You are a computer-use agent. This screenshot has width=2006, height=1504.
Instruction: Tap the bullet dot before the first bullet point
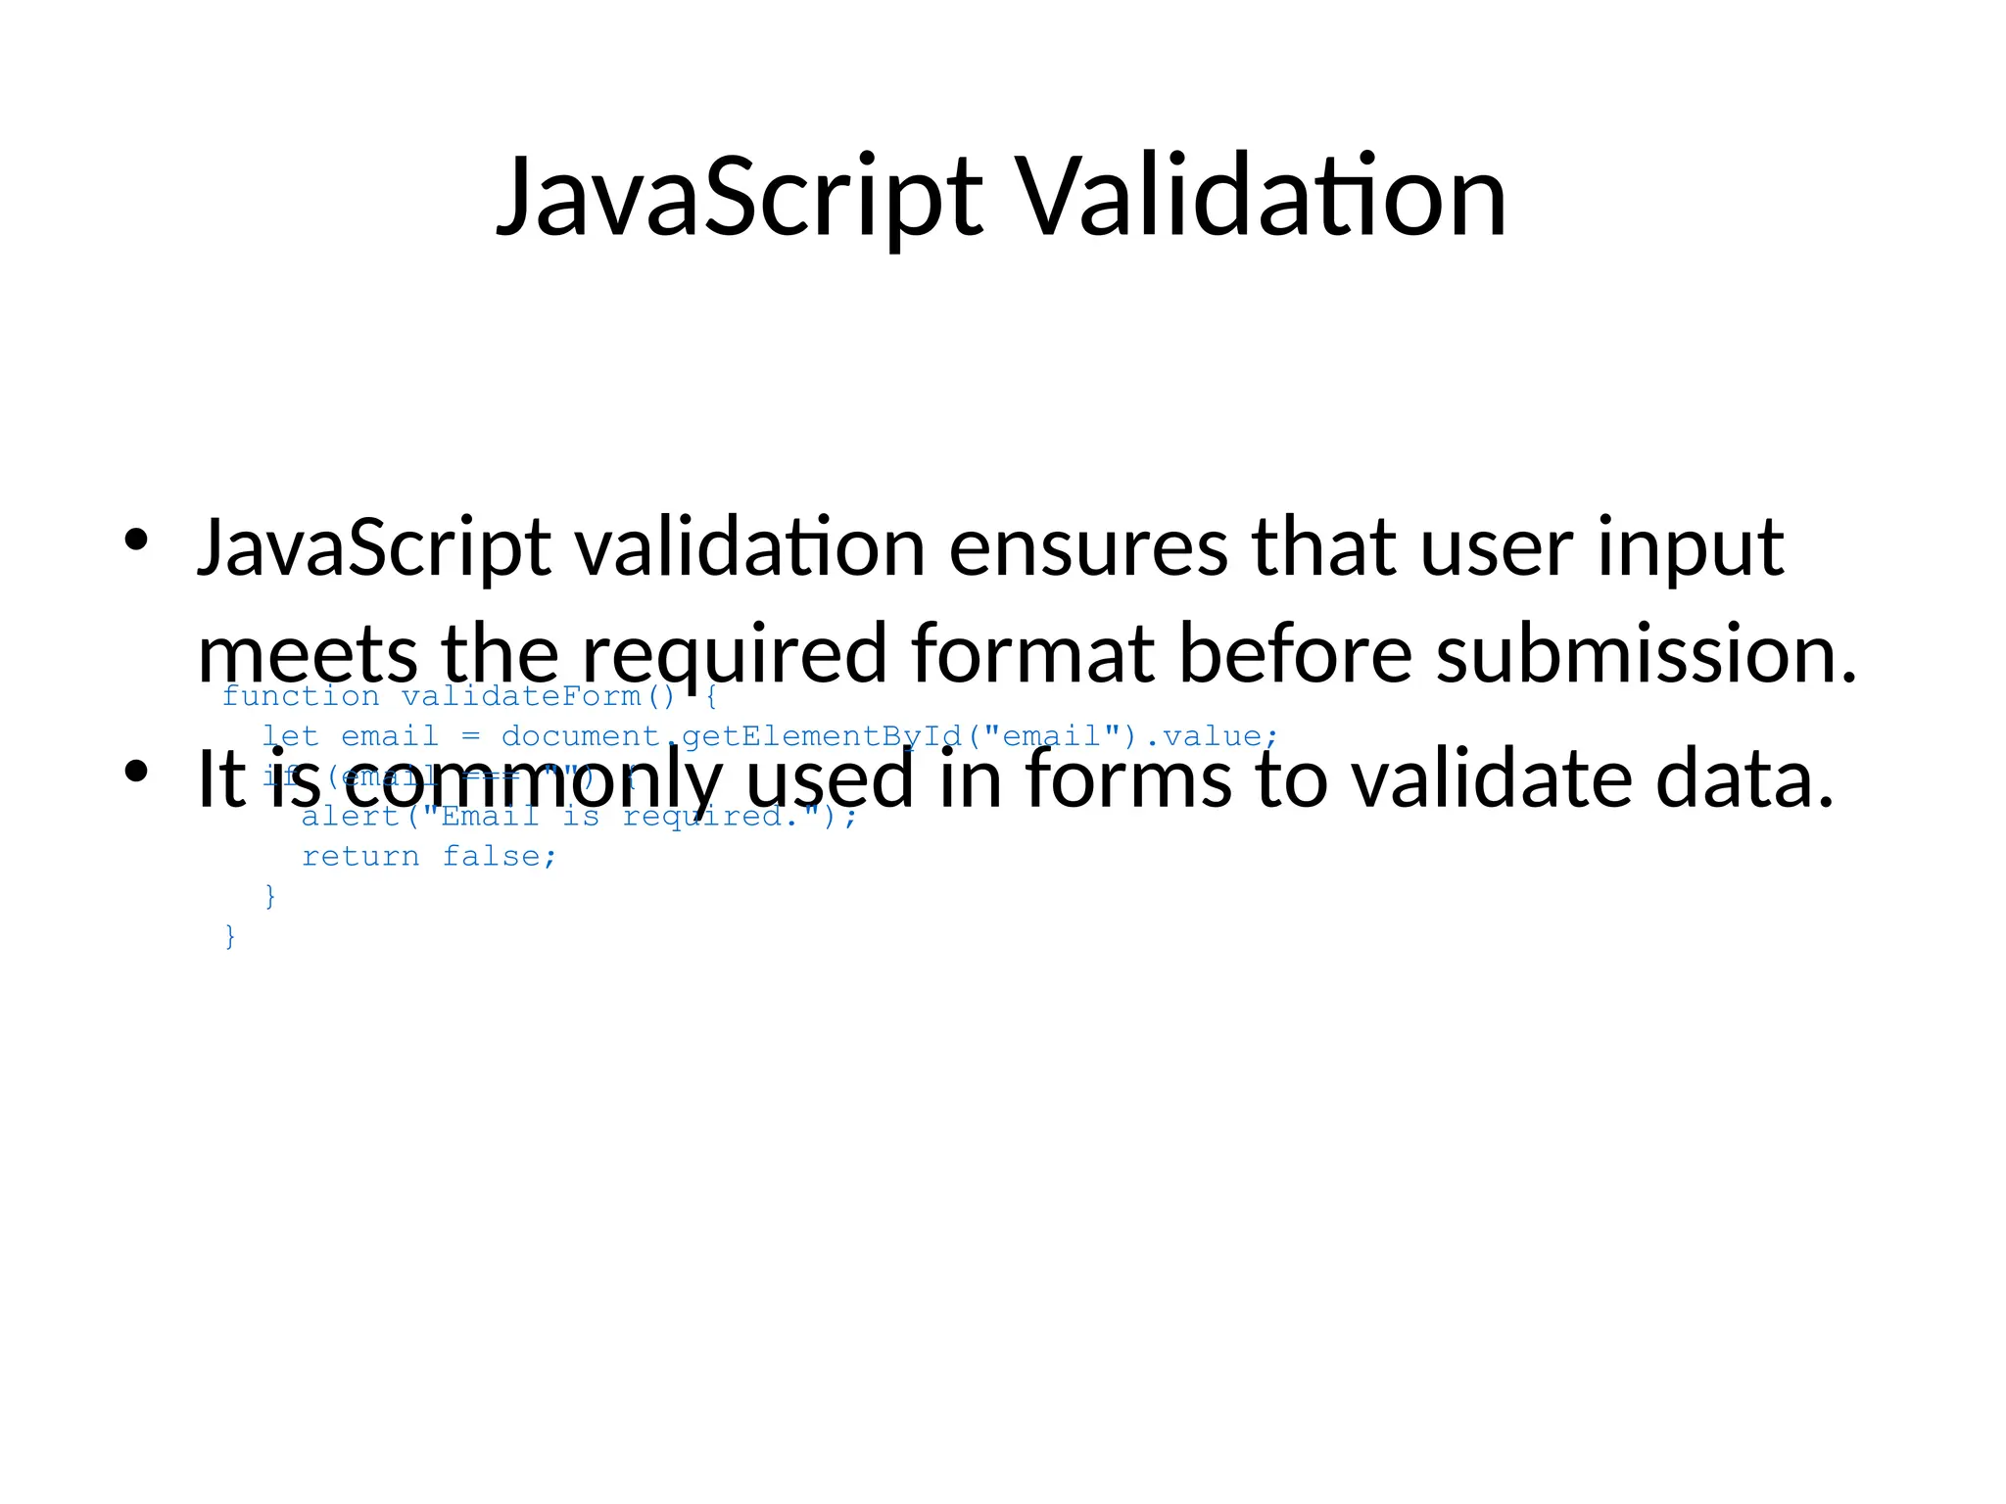135,540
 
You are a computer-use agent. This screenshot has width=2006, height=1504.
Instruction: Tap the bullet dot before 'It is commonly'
135,772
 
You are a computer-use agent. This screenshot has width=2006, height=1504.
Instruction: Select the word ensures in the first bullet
1088,548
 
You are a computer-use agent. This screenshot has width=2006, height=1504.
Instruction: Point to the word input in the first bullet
1690,548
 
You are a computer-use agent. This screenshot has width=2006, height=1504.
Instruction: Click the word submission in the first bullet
1646,654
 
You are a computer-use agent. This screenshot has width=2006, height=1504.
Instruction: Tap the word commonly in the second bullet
529,780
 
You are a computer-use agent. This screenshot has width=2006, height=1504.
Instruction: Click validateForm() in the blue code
538,697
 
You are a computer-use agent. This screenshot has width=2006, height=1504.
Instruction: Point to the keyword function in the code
301,697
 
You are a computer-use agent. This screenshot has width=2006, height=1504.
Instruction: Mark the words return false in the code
429,857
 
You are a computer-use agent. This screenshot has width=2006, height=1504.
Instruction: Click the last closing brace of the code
230,936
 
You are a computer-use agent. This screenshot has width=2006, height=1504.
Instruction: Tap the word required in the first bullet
735,654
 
